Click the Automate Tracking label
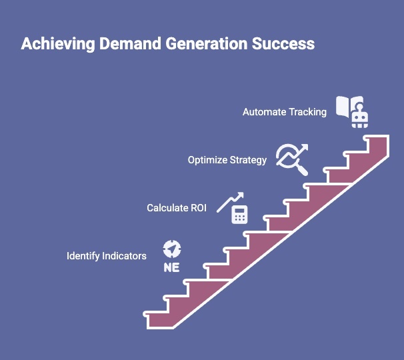coord(284,112)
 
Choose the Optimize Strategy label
coord(227,160)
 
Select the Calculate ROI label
coord(176,208)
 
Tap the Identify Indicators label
coord(106,256)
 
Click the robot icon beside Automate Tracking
coord(361,119)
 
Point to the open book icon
coord(347,106)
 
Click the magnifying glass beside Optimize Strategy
coord(300,167)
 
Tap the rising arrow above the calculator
coord(230,201)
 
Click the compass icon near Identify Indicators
coord(172,249)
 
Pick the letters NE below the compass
coord(172,267)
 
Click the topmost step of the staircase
coord(377,142)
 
